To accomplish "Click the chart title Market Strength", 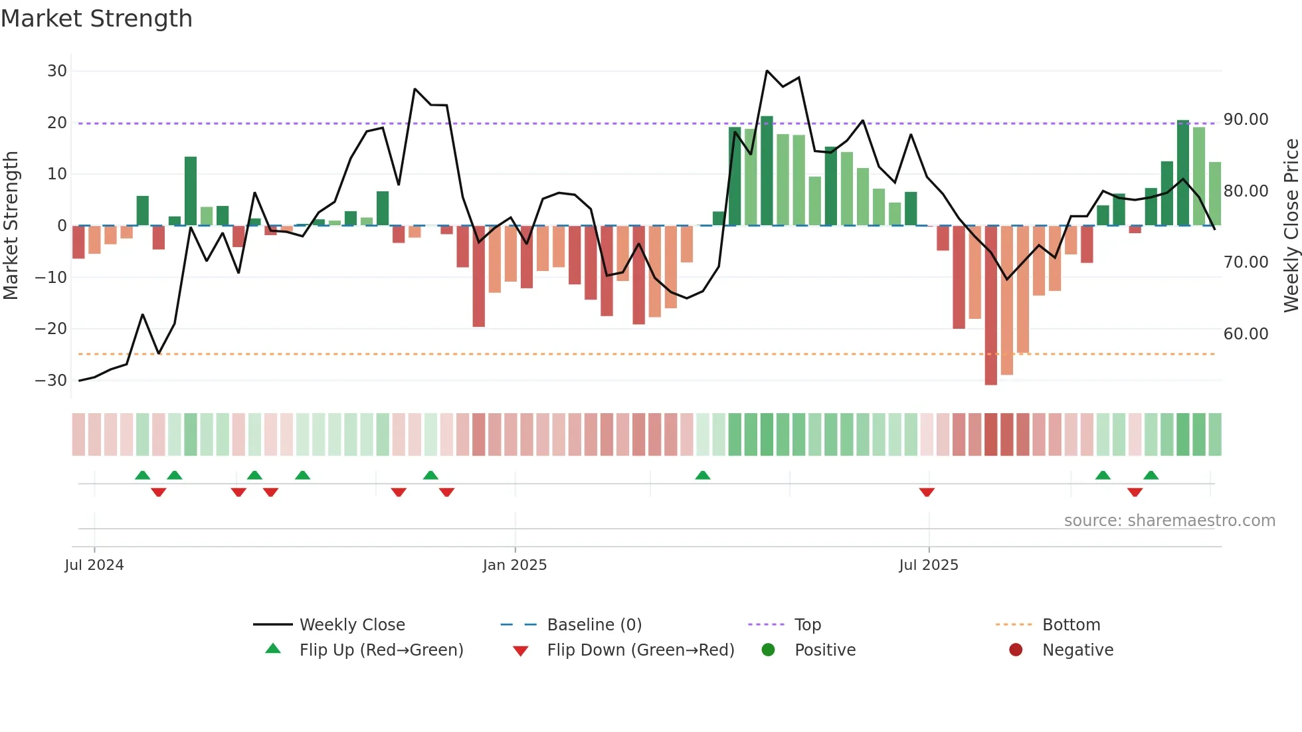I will point(96,19).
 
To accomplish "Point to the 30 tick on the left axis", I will point(57,71).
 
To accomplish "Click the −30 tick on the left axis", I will point(51,381).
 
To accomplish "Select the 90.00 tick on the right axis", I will point(1246,120).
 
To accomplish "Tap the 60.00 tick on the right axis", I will point(1246,334).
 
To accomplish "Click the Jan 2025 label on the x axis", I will point(514,565).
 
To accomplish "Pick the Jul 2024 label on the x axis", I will point(94,565).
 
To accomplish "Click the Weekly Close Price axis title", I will point(1291,226).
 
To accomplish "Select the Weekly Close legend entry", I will point(351,625).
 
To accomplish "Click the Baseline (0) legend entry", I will point(594,625).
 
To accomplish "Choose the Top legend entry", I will point(807,625).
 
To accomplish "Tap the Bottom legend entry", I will point(1071,625).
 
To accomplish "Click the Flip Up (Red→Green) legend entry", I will point(381,650).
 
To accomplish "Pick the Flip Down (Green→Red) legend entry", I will point(640,650).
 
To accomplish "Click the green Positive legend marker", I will point(768,650).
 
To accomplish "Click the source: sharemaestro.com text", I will point(1169,521).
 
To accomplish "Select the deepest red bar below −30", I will point(990,306).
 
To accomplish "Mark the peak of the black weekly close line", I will point(767,70).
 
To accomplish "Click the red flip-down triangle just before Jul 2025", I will point(927,492).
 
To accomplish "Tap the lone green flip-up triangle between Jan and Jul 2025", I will point(703,475).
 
